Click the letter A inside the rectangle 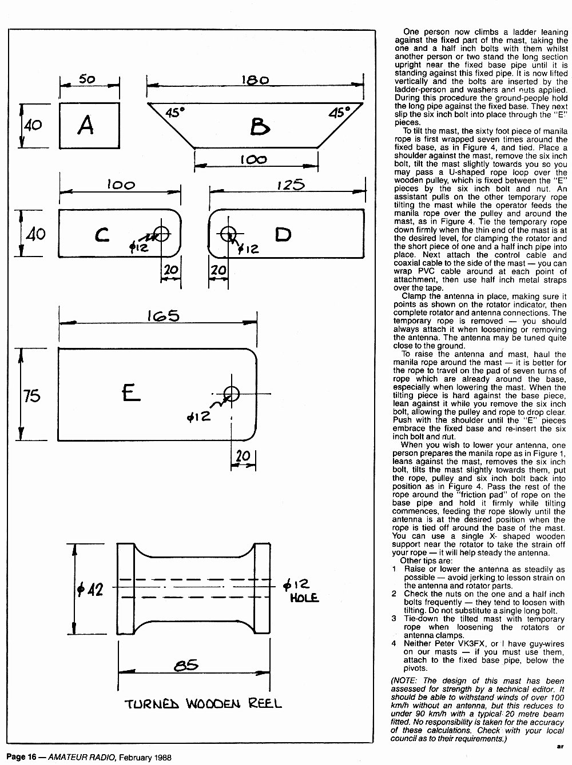(86, 125)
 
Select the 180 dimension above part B (255, 80)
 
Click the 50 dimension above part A (87, 79)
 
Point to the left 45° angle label (174, 113)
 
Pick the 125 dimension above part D (291, 185)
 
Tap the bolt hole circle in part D (228, 234)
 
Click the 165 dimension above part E (163, 316)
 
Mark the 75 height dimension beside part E (31, 396)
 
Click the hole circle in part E (232, 394)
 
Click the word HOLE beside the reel (304, 598)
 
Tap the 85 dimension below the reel (186, 665)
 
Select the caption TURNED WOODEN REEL (203, 704)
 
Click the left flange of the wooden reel (125, 588)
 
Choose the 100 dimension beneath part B (253, 159)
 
